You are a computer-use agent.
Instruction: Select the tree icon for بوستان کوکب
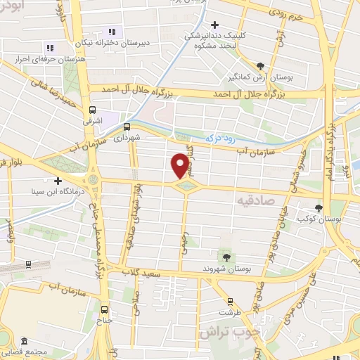point(319,208)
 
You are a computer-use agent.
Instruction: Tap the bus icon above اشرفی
point(93,110)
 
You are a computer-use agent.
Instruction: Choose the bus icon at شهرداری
point(127,127)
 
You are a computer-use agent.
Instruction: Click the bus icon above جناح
point(105,309)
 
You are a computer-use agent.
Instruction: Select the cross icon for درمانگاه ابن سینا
point(58,181)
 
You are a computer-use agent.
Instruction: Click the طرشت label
point(225,311)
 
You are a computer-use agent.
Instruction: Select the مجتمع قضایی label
point(28,352)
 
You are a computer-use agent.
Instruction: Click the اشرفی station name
point(93,122)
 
